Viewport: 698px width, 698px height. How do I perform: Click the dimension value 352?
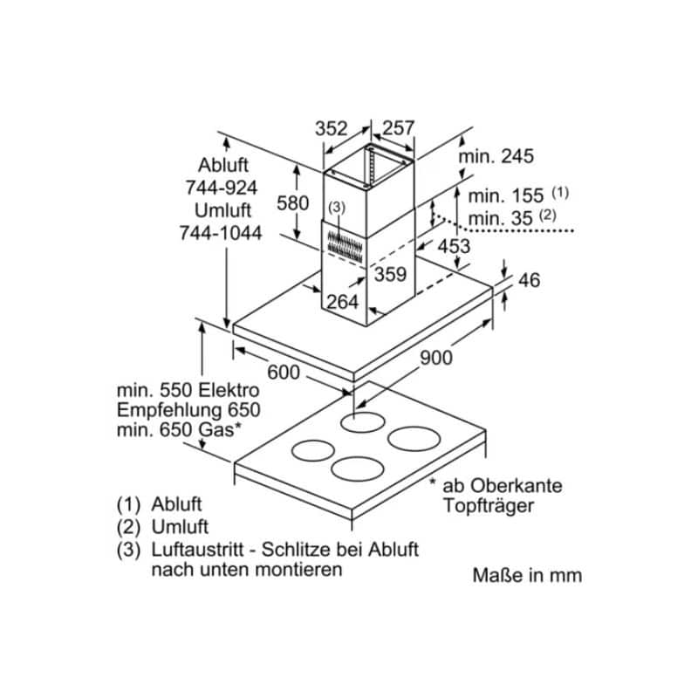coord(331,128)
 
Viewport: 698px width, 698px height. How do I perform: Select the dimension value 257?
coord(399,128)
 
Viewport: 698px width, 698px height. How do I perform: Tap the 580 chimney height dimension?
coord(292,203)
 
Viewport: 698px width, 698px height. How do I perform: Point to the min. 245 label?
coord(496,156)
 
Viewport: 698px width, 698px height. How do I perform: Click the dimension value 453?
coord(454,246)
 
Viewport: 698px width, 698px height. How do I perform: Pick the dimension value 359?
coord(390,274)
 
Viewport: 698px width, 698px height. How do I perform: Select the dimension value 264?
coord(343,302)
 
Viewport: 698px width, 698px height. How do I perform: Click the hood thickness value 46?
coord(530,280)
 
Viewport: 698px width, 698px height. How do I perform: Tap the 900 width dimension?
coord(436,358)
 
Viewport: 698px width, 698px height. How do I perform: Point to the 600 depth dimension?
coord(284,373)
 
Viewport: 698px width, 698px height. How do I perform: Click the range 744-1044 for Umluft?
coord(221,233)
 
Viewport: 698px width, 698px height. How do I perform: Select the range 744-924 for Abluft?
coord(222,188)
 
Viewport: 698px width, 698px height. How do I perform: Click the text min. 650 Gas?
coord(180,430)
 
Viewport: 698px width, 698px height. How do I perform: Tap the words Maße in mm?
coord(527,575)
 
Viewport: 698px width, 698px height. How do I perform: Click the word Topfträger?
coord(489,506)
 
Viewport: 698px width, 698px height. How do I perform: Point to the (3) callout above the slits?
coord(337,207)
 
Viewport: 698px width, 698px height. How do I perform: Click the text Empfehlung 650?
coord(188,410)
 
